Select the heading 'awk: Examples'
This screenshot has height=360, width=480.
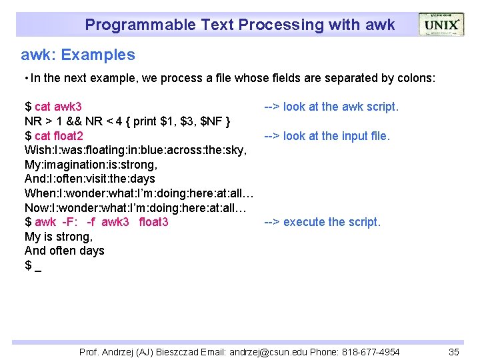pyautogui.click(x=77, y=55)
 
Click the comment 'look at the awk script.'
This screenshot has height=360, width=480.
pyautogui.click(x=341, y=107)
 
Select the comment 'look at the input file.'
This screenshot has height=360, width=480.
pyautogui.click(x=336, y=136)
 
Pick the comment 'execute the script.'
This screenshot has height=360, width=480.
pyautogui.click(x=331, y=222)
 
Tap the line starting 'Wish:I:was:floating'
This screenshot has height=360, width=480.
pyautogui.click(x=137, y=151)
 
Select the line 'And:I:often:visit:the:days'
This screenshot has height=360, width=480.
pyautogui.click(x=89, y=179)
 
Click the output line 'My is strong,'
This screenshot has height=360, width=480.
pyautogui.click(x=59, y=237)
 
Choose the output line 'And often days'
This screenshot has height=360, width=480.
pyautogui.click(x=64, y=251)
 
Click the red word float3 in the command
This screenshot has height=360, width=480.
pyautogui.click(x=153, y=222)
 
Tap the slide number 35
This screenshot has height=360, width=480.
pyautogui.click(x=454, y=352)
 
